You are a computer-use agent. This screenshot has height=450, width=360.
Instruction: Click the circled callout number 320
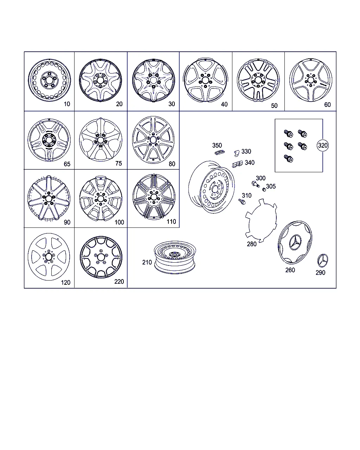tap(322, 145)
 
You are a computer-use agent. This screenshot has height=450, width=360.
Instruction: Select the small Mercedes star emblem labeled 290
tap(322, 261)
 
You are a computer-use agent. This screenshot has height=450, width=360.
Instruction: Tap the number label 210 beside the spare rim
tap(147, 262)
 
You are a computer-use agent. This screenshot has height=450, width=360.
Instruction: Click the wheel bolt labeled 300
tap(255, 184)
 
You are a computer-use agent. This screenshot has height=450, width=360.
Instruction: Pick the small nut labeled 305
tap(264, 189)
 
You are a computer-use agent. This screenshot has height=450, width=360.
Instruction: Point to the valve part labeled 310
tap(242, 201)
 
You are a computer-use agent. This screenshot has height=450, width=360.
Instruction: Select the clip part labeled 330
tap(237, 153)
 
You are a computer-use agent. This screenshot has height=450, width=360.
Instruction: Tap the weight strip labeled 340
tap(237, 164)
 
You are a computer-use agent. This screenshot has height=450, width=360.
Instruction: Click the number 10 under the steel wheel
tap(67, 104)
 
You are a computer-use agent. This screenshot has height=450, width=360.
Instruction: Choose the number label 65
tap(67, 164)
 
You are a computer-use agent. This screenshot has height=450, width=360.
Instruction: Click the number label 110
tap(171, 221)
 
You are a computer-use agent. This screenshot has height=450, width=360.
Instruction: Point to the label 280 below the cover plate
tap(252, 244)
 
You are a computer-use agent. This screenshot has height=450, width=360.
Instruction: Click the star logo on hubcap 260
tap(295, 242)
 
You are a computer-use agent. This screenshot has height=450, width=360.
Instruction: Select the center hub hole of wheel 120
tap(49, 257)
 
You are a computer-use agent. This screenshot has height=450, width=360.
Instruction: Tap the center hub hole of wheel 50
tap(258, 80)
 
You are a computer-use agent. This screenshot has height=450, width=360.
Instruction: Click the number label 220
tap(119, 282)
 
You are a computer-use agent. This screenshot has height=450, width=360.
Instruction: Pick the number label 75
tap(118, 163)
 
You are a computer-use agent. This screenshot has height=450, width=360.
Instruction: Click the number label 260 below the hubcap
tap(290, 270)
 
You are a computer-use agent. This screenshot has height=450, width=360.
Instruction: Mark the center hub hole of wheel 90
tap(49, 198)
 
